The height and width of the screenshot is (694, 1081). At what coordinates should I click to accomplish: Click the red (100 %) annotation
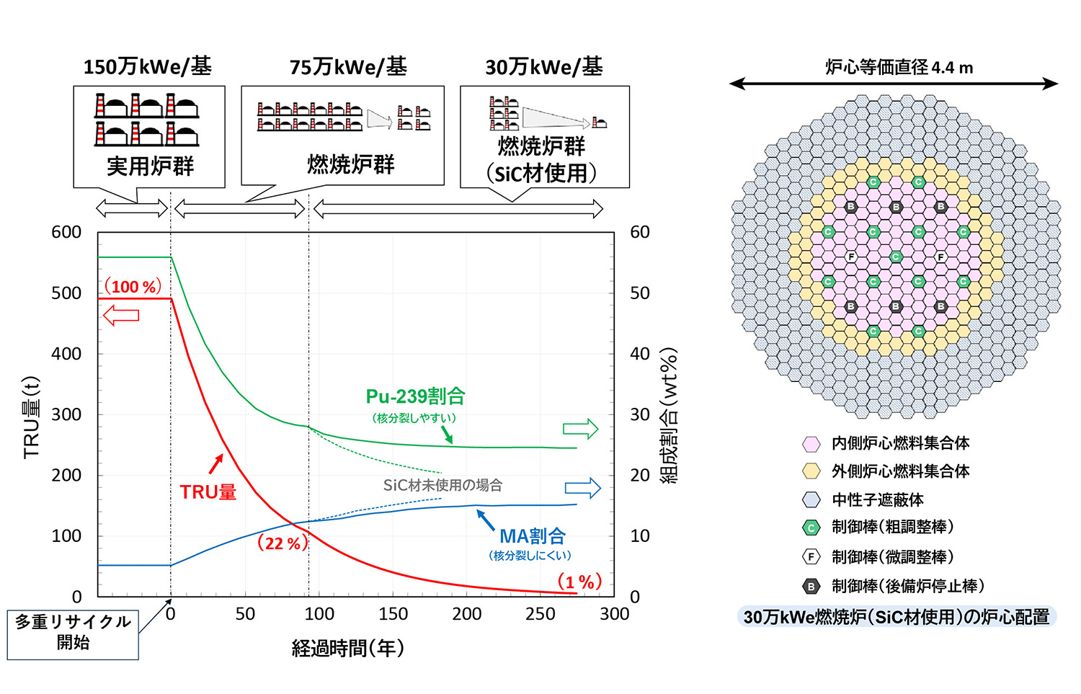(133, 287)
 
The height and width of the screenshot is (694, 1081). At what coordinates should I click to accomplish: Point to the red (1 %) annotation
(579, 582)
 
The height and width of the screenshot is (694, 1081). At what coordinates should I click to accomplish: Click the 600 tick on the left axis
(66, 232)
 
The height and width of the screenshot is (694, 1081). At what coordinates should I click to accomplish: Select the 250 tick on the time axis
(540, 614)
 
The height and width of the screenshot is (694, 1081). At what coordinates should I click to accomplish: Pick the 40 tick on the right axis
(640, 354)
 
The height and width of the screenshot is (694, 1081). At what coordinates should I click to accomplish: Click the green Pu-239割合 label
(415, 396)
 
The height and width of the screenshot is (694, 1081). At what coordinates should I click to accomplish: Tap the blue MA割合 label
(533, 536)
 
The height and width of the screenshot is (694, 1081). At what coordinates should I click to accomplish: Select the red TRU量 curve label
(208, 492)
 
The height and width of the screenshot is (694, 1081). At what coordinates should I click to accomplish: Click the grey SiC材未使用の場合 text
(442, 485)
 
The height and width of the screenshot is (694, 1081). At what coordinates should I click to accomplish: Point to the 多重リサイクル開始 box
(73, 632)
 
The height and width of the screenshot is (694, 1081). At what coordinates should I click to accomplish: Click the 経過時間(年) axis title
(348, 649)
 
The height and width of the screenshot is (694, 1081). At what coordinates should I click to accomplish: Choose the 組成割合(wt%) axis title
(669, 416)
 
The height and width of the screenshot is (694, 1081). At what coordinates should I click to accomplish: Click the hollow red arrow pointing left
(121, 315)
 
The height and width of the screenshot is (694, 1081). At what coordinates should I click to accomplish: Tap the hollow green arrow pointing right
(581, 429)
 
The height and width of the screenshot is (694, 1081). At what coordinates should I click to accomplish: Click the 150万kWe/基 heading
(148, 67)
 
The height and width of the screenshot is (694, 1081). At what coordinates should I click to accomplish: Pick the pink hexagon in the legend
(811, 443)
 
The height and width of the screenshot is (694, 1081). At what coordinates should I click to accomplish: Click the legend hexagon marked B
(811, 587)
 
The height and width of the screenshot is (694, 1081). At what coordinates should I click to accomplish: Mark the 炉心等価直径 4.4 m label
(899, 68)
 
